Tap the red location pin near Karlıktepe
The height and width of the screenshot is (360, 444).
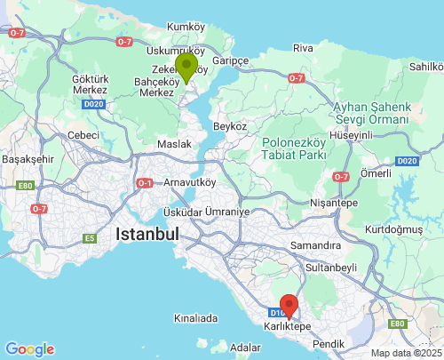click(289, 306)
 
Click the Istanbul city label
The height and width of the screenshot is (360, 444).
click(147, 235)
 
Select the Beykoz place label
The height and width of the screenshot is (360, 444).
click(230, 127)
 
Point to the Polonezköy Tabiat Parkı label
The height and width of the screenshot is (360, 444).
click(297, 148)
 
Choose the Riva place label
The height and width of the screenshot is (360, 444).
click(304, 47)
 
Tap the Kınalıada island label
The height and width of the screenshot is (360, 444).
click(195, 317)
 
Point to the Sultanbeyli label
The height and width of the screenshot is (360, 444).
click(330, 266)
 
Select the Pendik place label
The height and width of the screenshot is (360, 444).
click(329, 342)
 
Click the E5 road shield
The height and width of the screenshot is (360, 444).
click(89, 238)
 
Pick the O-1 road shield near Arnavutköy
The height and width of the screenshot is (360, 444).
click(145, 183)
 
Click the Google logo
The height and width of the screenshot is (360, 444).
click(29, 349)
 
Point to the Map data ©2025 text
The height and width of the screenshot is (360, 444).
click(405, 353)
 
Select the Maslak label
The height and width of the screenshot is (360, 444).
click(173, 144)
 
